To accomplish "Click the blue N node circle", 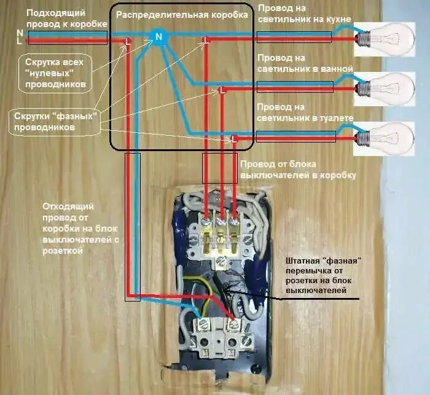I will click(x=158, y=37).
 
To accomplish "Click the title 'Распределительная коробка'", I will click(x=182, y=14).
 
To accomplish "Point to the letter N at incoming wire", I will click(x=20, y=33).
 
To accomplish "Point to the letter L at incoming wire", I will click(x=20, y=41).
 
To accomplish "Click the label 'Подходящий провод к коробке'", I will click(x=57, y=17).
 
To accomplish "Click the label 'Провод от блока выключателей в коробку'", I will click(x=297, y=170).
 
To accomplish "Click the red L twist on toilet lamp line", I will click(x=233, y=139).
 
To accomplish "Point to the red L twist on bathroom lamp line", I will click(x=222, y=90).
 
